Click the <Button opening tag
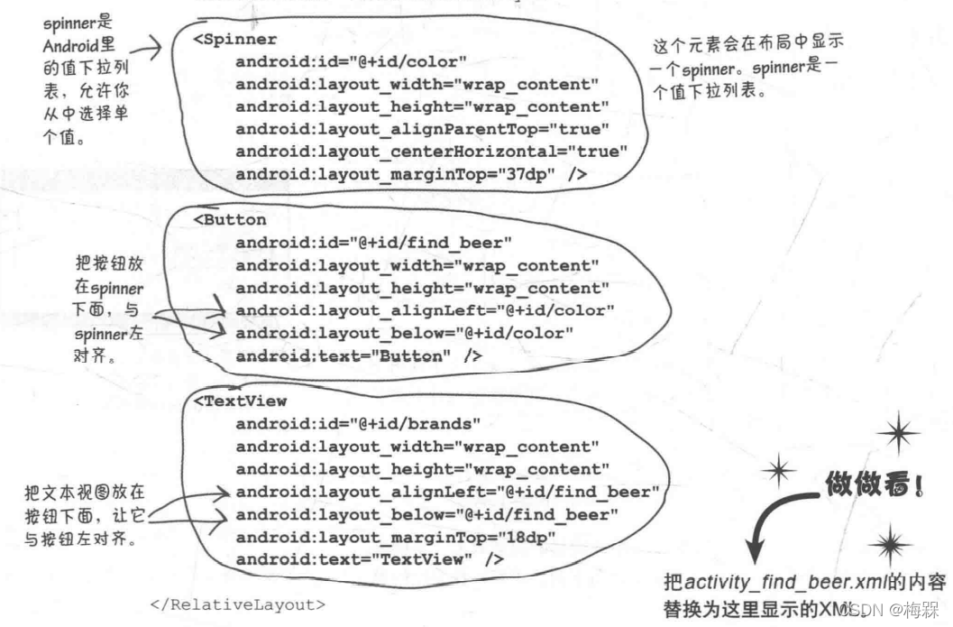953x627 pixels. tap(230, 220)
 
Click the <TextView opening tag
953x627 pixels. tap(240, 401)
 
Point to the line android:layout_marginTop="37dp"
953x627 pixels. tap(410, 174)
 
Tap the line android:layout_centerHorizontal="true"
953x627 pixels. tap(431, 152)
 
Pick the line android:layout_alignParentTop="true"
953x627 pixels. tap(422, 129)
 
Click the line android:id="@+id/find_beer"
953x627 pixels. tap(374, 243)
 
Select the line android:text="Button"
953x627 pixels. tap(358, 356)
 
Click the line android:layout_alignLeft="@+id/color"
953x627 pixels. tap(425, 311)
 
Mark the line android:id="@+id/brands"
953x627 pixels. tap(358, 423)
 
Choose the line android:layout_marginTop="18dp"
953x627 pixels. tap(395, 537)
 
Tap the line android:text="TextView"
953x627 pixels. tap(369, 559)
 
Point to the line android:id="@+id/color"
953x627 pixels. tap(351, 62)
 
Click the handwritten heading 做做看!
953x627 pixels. tap(873, 486)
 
